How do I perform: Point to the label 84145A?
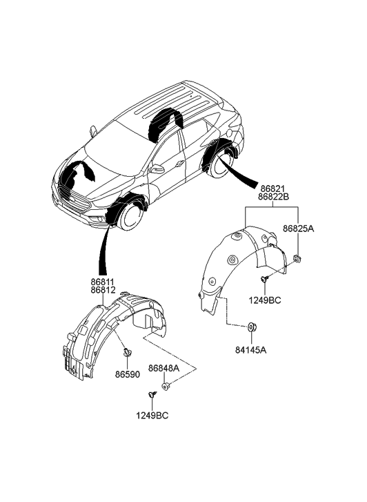click(251, 349)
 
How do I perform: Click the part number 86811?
click(101, 282)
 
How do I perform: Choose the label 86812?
click(101, 292)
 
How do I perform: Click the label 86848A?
click(163, 369)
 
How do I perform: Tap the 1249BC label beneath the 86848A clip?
click(152, 416)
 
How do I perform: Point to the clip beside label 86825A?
click(296, 258)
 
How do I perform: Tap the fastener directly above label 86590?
click(126, 354)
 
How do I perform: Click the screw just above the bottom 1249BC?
click(151, 394)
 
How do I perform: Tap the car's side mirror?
click(157, 168)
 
